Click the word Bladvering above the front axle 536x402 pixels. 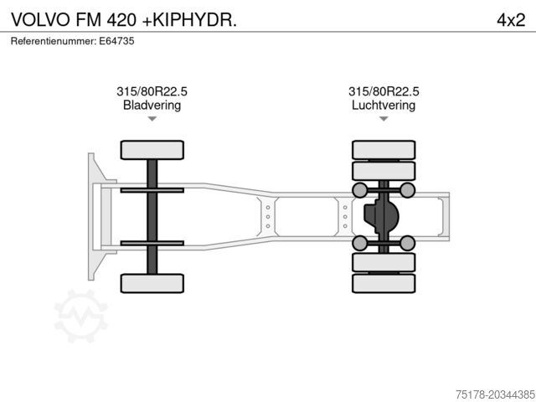coord(152,106)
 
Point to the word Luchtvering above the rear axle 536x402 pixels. coord(384,106)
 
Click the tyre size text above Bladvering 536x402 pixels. coord(152,92)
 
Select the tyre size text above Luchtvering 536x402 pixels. coord(384,92)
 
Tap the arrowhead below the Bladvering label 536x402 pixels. coord(152,119)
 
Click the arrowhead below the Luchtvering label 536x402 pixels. coord(384,119)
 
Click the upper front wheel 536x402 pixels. coord(152,150)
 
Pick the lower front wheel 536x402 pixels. coord(152,283)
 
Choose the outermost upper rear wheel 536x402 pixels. coord(384,149)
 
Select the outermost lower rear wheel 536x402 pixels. coord(384,284)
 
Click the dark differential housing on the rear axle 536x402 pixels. coord(381,217)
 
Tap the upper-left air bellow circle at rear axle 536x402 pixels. coord(360,190)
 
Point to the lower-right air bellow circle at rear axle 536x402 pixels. coord(407,243)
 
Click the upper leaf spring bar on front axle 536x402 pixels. coord(152,191)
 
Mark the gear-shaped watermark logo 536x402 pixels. coord(80,316)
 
